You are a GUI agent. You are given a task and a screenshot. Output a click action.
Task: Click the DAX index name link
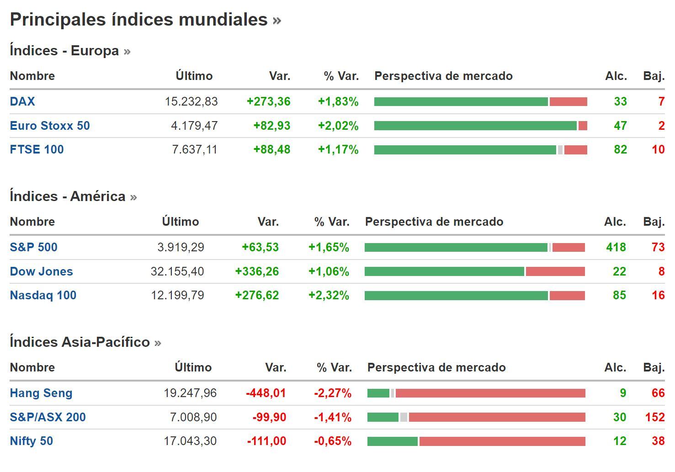pos(22,101)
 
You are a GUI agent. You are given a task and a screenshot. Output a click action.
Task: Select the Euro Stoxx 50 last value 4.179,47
pos(194,126)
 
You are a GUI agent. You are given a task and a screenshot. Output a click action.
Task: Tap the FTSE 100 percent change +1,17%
pos(338,149)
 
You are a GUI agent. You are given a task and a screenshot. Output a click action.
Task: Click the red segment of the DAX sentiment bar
pos(568,101)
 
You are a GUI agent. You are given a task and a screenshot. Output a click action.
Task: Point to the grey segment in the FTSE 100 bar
pos(560,149)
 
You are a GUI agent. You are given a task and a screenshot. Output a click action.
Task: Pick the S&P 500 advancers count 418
pos(616,247)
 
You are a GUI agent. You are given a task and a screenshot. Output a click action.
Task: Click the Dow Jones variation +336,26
pos(257,271)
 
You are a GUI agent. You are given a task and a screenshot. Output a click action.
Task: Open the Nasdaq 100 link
pos(43,295)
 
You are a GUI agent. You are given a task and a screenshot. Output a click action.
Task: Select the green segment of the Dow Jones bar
pos(444,271)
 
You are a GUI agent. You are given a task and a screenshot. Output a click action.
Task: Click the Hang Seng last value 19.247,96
pos(190,393)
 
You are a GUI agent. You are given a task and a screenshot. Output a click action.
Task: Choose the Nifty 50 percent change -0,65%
pos(333,441)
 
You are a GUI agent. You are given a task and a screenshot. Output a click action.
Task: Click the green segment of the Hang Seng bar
pos(378,393)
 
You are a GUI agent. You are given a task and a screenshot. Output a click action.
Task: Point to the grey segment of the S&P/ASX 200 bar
pos(404,417)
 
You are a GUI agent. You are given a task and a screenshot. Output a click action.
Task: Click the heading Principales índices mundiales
pos(138,20)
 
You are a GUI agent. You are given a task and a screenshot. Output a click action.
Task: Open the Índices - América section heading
pos(68,196)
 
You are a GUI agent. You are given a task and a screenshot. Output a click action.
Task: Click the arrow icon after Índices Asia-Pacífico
pos(158,343)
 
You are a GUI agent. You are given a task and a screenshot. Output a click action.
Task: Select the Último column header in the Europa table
pos(194,76)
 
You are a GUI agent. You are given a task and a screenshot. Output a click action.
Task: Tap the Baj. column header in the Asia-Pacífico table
pos(654,367)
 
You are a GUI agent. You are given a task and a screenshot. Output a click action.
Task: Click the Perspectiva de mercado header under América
pos(434,222)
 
